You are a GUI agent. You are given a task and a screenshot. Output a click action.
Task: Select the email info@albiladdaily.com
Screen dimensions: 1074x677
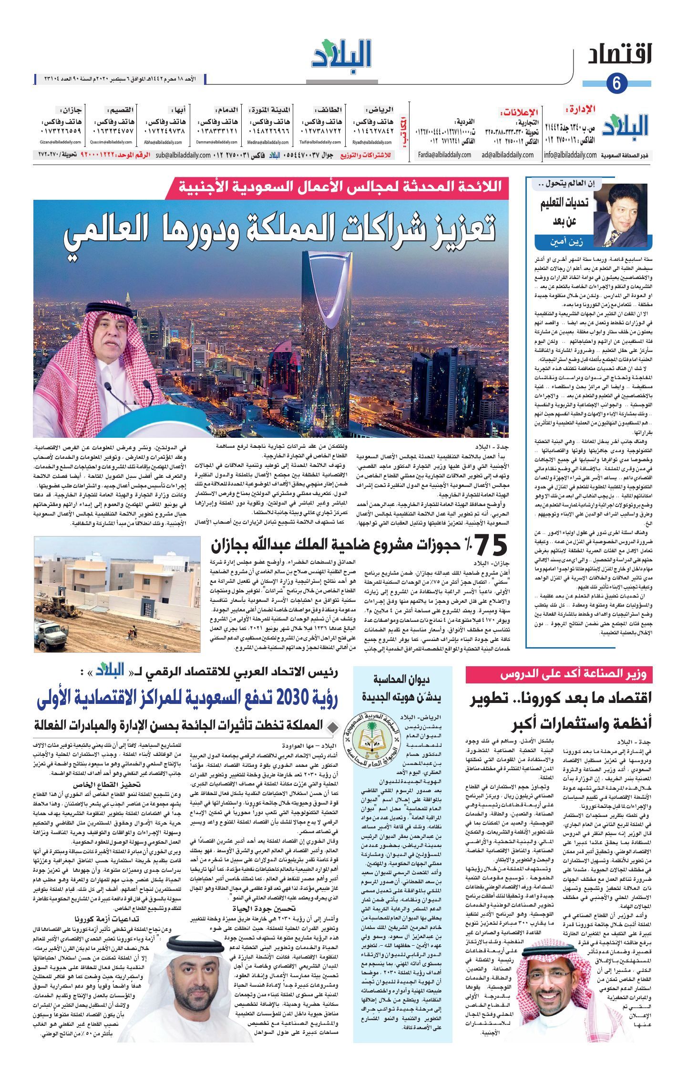pos(570,155)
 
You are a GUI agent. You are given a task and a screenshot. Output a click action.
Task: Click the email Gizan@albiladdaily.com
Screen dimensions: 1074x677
pos(61,142)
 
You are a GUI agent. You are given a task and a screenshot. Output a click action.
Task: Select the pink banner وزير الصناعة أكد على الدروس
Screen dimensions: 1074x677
pos(559,675)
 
